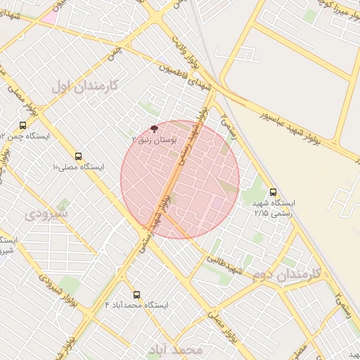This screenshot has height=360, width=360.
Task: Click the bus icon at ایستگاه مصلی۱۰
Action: click(77, 156)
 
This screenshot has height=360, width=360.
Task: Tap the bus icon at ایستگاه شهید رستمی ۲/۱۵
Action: click(273, 192)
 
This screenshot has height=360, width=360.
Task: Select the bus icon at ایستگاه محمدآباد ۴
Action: click(136, 295)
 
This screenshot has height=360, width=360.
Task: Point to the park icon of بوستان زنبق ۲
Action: click(154, 129)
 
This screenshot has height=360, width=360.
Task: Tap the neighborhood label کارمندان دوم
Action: click(286, 273)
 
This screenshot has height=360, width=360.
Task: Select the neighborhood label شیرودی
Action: click(48, 212)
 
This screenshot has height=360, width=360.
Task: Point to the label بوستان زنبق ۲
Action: click(154, 141)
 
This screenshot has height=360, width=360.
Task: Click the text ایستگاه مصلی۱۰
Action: click(78, 167)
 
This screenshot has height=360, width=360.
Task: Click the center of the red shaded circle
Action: click(180, 179)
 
